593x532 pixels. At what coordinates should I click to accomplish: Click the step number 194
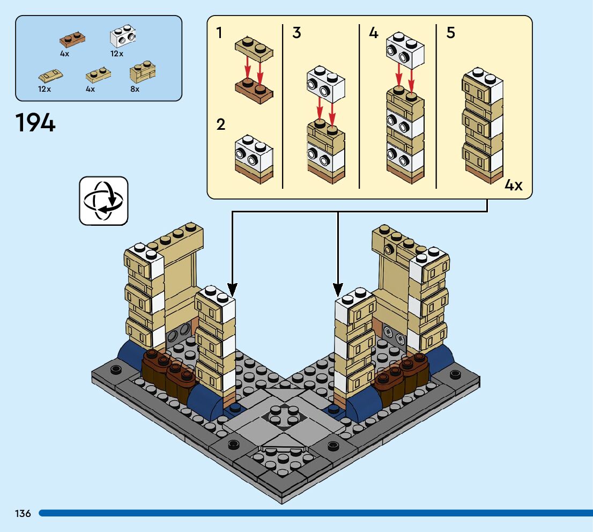(x=35, y=123)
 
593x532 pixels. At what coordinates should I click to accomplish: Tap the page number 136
(x=23, y=513)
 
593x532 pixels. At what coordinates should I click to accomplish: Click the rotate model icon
(x=103, y=201)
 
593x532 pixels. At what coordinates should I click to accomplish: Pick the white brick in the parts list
(x=122, y=36)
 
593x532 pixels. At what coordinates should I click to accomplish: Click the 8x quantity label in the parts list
(x=135, y=89)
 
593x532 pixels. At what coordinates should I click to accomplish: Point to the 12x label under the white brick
(x=117, y=54)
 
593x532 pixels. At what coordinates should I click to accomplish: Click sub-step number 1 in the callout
(x=219, y=33)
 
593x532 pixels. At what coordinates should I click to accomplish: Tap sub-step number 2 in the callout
(x=220, y=125)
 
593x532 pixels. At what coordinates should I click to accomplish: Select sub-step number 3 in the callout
(x=296, y=33)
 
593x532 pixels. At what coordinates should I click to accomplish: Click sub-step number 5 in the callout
(x=450, y=33)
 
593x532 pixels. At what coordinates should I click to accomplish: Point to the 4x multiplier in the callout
(x=513, y=186)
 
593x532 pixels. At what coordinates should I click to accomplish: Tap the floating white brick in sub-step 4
(x=405, y=50)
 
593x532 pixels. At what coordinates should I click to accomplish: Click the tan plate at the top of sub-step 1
(x=254, y=49)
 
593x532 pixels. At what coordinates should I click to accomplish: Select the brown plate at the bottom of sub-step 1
(x=254, y=90)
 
